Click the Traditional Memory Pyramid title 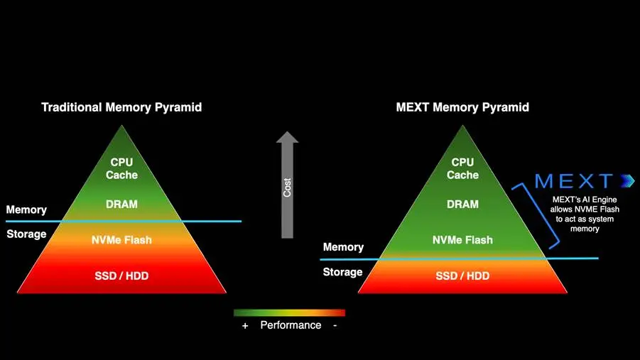[x=121, y=107]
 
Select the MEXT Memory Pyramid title [x=462, y=107]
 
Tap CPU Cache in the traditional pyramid [x=121, y=168]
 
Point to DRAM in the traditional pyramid [x=121, y=204]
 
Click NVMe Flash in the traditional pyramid [x=121, y=240]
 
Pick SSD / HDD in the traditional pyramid [x=121, y=276]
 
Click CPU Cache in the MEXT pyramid [x=462, y=168]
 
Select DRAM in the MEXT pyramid [x=462, y=204]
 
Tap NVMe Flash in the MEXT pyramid [x=462, y=240]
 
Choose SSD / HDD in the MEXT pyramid [x=462, y=276]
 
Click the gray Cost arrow [x=288, y=185]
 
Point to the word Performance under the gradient [x=291, y=325]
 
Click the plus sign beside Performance [x=245, y=326]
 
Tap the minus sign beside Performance [x=335, y=325]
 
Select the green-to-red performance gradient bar [x=289, y=312]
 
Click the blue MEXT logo [x=585, y=181]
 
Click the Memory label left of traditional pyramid [x=26, y=209]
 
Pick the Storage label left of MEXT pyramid [x=342, y=272]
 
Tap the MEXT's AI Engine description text [x=585, y=214]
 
